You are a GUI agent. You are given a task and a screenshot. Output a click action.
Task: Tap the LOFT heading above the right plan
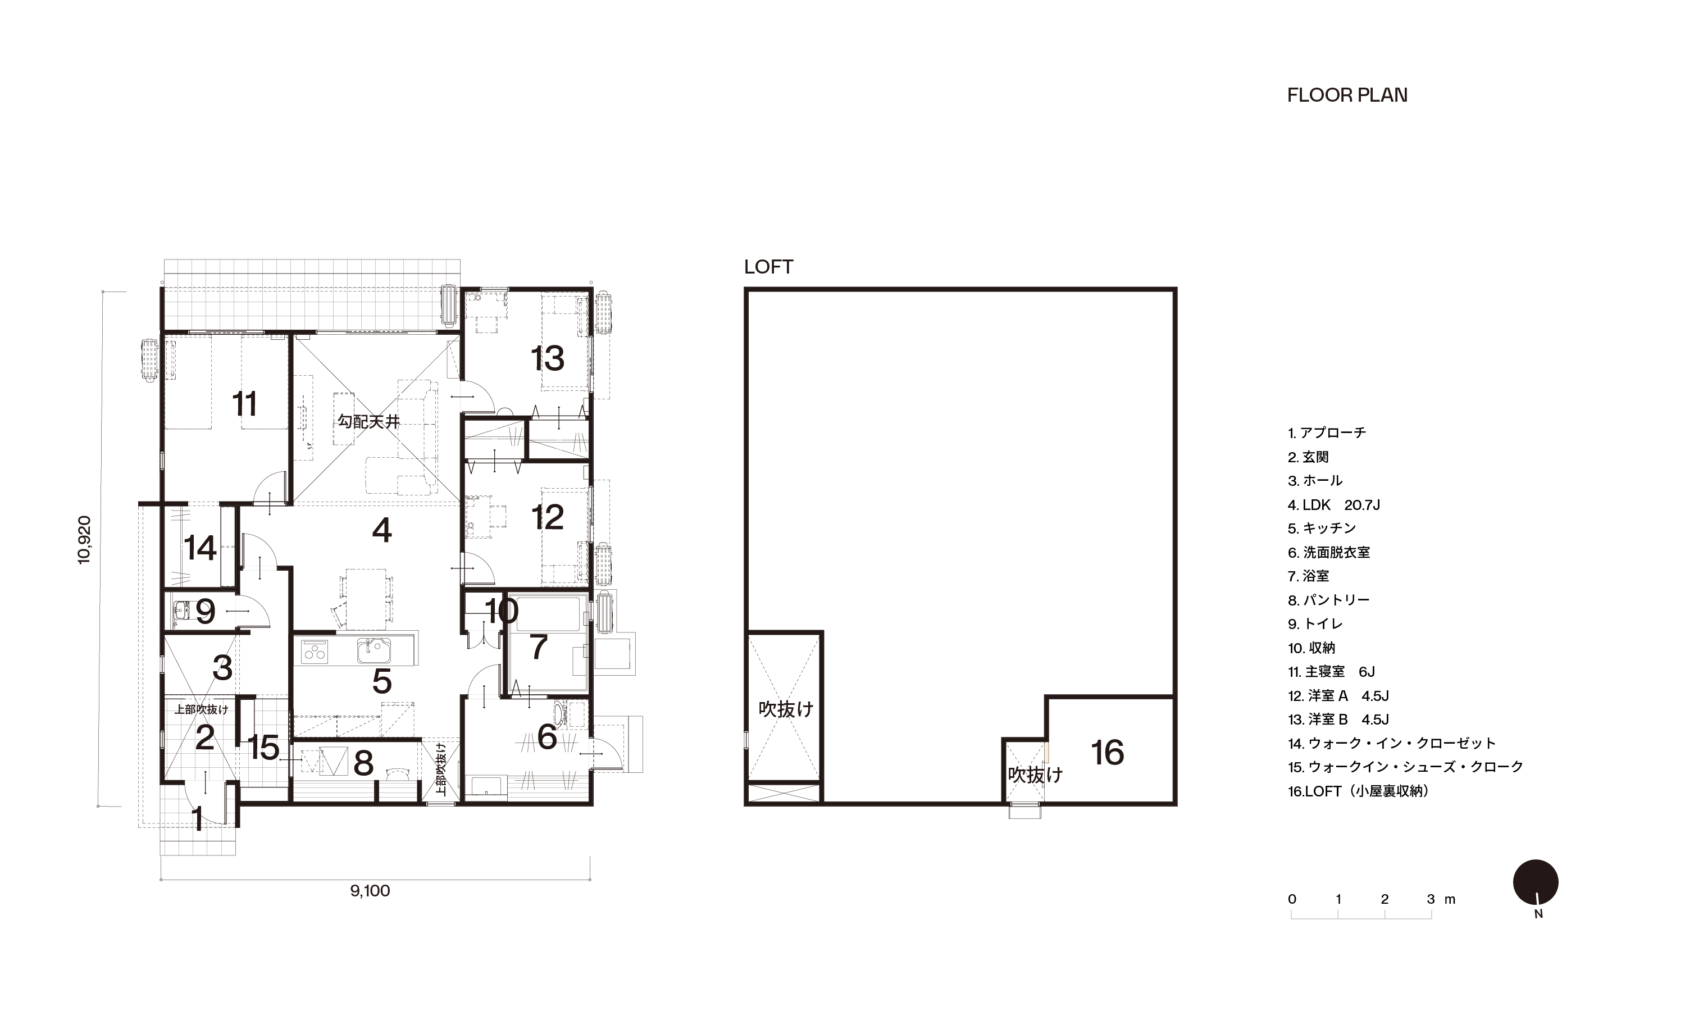tap(768, 267)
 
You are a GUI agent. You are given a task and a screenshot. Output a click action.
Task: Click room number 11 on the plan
tap(244, 404)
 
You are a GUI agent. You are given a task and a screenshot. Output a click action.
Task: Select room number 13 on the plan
tap(548, 358)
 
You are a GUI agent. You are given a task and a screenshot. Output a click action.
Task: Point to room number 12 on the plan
tap(548, 518)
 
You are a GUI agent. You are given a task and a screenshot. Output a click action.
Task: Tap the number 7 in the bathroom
tap(539, 647)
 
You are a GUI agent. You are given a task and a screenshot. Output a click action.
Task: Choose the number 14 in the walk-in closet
tap(201, 548)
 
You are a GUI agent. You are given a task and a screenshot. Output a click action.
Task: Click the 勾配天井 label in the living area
tap(368, 422)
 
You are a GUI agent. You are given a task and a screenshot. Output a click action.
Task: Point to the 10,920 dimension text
tap(84, 540)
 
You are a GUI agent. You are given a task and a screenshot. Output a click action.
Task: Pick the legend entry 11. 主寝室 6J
tap(1331, 672)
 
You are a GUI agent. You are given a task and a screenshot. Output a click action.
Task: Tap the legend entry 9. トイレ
tap(1314, 624)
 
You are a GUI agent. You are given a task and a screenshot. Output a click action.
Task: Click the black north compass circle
tap(1536, 882)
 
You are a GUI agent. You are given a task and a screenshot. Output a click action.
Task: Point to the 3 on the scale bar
tap(1430, 899)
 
